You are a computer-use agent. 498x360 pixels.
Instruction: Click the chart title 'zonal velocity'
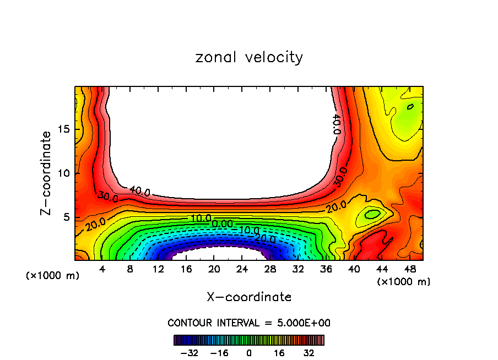[x=248, y=57]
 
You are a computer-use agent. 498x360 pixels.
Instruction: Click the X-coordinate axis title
[x=249, y=297]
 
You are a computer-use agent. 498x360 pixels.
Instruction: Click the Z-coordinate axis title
[x=47, y=173]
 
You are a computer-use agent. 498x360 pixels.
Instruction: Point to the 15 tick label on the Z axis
[x=64, y=129]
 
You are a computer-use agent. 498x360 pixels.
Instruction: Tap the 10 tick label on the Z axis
[x=64, y=173]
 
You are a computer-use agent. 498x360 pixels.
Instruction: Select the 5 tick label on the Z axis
[x=68, y=217]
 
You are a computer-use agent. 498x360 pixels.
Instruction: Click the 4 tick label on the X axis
[x=102, y=270]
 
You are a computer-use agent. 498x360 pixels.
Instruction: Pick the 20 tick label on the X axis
[x=214, y=270]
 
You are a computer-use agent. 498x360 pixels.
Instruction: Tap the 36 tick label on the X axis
[x=326, y=270]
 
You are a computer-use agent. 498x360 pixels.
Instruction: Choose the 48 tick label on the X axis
[x=410, y=270]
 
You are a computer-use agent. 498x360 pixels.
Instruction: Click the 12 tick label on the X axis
[x=158, y=270]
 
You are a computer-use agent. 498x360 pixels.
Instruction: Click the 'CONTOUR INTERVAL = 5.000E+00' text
[x=249, y=323]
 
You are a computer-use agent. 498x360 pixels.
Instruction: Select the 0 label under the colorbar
[x=249, y=352]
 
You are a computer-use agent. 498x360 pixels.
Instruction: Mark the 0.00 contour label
[x=222, y=224]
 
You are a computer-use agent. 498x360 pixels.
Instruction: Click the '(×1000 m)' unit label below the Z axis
[x=53, y=276]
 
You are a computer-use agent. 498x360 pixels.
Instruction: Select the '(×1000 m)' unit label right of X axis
[x=404, y=282]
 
